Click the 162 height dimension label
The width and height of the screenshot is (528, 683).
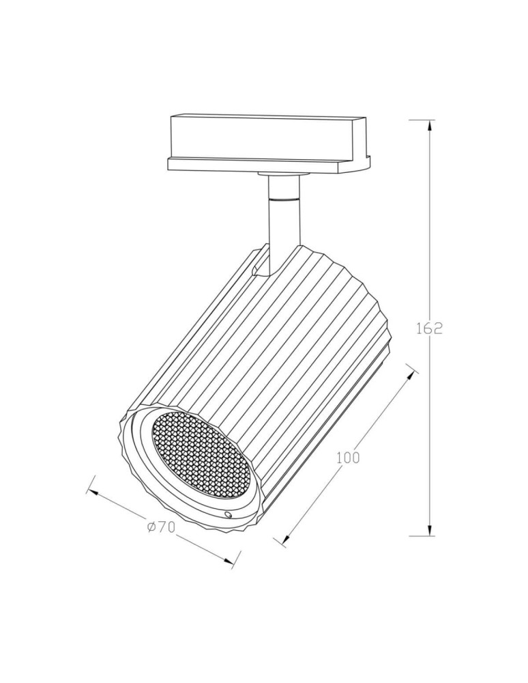tap(429, 328)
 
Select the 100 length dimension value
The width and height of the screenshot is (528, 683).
tap(348, 458)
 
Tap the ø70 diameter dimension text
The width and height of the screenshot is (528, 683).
tap(161, 527)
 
